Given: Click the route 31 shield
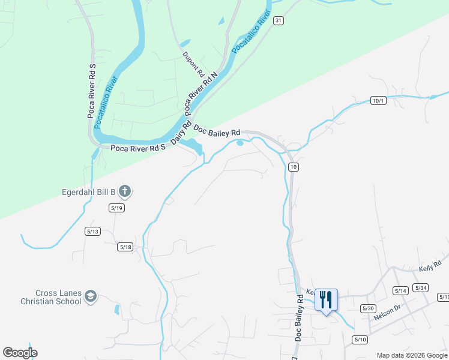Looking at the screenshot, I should coord(277,20).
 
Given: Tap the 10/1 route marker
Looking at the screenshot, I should coord(378,100).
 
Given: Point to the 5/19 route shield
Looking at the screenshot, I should coord(116,208).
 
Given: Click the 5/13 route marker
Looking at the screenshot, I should coord(92,231).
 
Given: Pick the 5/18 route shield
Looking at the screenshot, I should coord(125,247).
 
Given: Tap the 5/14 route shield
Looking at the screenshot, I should coord(400,290).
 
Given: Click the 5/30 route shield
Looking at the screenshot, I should coord(368,308).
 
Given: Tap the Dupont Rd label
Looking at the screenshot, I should coord(193,63).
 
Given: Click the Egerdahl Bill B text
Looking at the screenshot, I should coord(88,193).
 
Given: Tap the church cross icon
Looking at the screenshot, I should coord(125,192).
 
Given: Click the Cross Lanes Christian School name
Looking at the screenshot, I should coord(50,297).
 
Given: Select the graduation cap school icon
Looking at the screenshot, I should coord(90,296).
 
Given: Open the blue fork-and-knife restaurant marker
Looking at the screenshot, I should coord(326,299).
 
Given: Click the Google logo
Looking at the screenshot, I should coord(20,353).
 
